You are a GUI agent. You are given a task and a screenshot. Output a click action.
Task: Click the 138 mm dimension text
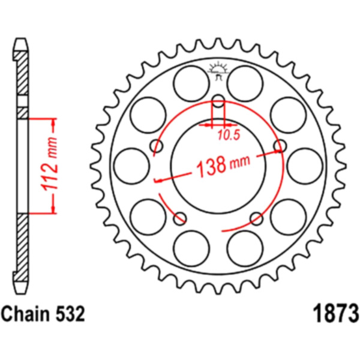[x=223, y=164]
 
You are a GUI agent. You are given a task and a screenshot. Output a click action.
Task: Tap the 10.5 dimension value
[x=229, y=135]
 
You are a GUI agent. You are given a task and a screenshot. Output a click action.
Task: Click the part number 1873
[x=335, y=313]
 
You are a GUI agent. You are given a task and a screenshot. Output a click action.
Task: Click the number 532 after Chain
[x=70, y=314]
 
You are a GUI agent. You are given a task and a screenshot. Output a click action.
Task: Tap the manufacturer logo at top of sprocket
[x=218, y=70]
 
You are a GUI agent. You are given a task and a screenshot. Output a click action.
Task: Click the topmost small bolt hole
[x=218, y=101]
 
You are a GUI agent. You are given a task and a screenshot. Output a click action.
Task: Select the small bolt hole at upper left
[x=157, y=146]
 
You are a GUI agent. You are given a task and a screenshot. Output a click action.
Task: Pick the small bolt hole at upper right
[x=280, y=146]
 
